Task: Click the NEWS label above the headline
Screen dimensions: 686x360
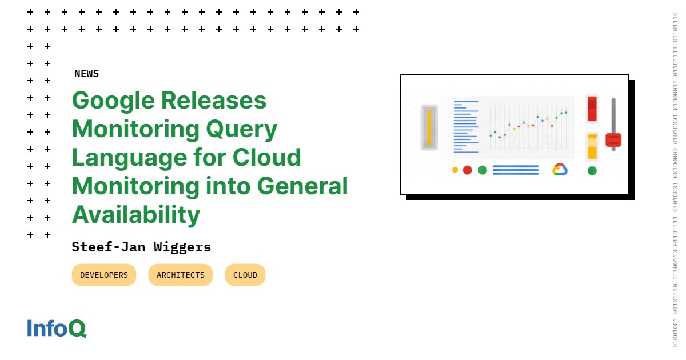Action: pyautogui.click(x=87, y=74)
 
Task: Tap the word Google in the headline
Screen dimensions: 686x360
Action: pyautogui.click(x=113, y=101)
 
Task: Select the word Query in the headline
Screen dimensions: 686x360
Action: pyautogui.click(x=242, y=130)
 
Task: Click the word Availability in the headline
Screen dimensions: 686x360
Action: pyautogui.click(x=136, y=215)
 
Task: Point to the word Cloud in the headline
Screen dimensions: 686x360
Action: pyautogui.click(x=267, y=157)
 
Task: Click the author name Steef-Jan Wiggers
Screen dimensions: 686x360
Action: pyautogui.click(x=141, y=247)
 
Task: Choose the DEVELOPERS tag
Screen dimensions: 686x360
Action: pyautogui.click(x=104, y=275)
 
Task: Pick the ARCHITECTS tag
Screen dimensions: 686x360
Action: pyautogui.click(x=181, y=275)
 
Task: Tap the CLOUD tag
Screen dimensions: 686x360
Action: pyautogui.click(x=245, y=275)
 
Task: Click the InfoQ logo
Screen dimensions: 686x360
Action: pyautogui.click(x=57, y=328)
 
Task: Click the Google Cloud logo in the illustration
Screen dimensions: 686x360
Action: pyautogui.click(x=560, y=169)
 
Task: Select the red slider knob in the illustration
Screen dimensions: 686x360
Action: pyautogui.click(x=613, y=140)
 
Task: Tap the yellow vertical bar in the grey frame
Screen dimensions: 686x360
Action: pyautogui.click(x=429, y=127)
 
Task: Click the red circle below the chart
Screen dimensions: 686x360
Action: pyautogui.click(x=468, y=170)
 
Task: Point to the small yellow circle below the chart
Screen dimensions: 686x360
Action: pyautogui.click(x=455, y=170)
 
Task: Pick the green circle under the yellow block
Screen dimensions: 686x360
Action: pyautogui.click(x=592, y=170)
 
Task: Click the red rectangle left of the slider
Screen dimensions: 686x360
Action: pyautogui.click(x=592, y=109)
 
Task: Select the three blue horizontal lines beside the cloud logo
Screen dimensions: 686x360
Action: pyautogui.click(x=516, y=170)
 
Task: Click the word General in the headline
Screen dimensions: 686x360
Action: pyautogui.click(x=302, y=186)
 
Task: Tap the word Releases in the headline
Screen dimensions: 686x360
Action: pyautogui.click(x=214, y=101)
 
